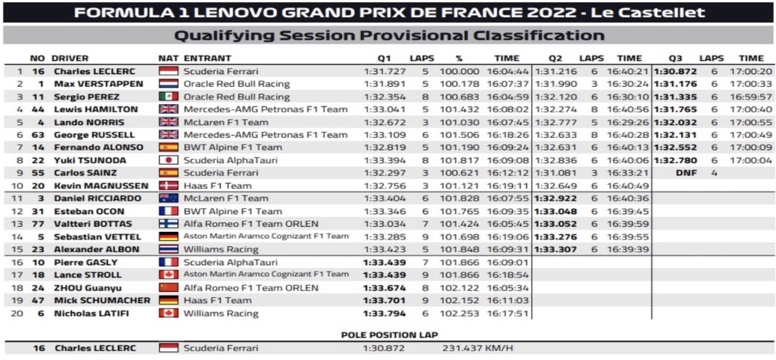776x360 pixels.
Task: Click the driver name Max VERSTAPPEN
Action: pyautogui.click(x=99, y=84)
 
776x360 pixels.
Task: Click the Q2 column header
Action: pyautogui.click(x=555, y=58)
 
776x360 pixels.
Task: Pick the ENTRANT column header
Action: pyautogui.click(x=207, y=58)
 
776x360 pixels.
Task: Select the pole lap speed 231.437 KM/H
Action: pyautogui.click(x=477, y=348)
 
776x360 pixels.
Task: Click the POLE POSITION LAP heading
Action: pyautogui.click(x=389, y=335)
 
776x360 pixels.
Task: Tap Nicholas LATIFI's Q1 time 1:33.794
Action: pyautogui.click(x=385, y=313)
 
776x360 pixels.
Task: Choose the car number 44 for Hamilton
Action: pyautogui.click(x=37, y=109)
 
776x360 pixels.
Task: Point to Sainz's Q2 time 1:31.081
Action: pyautogui.click(x=555, y=174)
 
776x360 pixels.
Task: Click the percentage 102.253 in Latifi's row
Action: pyautogui.click(x=459, y=313)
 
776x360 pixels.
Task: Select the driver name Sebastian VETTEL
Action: pyautogui.click(x=97, y=237)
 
